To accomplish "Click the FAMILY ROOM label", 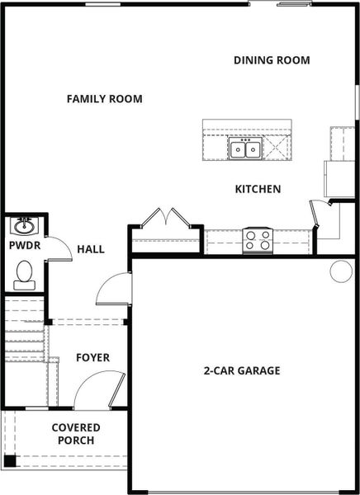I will point(104,99).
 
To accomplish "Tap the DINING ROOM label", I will point(272,60).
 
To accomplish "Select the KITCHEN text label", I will point(258,189).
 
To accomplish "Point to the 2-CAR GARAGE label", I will point(241,370).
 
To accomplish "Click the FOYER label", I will point(92,357).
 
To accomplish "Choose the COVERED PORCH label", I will point(76,434).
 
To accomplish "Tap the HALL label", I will point(91,248).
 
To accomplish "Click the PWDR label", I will point(23,246).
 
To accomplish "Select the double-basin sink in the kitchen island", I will point(245,149).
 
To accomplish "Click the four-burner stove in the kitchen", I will point(258,240).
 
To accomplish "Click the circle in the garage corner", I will point(341,271).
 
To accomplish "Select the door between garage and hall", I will point(115,289).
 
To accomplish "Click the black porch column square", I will point(10,461).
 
